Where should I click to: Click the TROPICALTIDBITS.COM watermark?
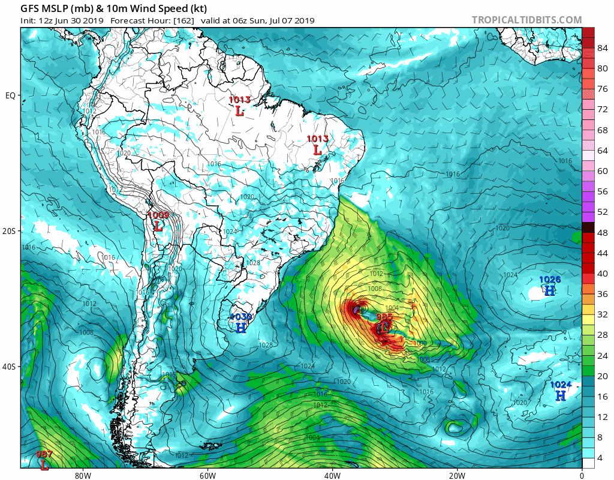pos(526,20)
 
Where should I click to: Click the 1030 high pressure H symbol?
pos(240,328)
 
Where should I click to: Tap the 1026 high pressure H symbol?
pos(549,290)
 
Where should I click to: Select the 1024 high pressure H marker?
pos(560,396)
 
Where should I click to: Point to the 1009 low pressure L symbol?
pos(158,227)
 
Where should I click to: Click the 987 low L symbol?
pos(45,464)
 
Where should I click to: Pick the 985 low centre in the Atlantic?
pos(384,328)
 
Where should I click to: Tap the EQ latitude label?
pos(10,95)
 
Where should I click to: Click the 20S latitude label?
pos(10,231)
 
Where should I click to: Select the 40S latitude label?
pos(10,367)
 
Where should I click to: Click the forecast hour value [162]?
pos(182,21)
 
